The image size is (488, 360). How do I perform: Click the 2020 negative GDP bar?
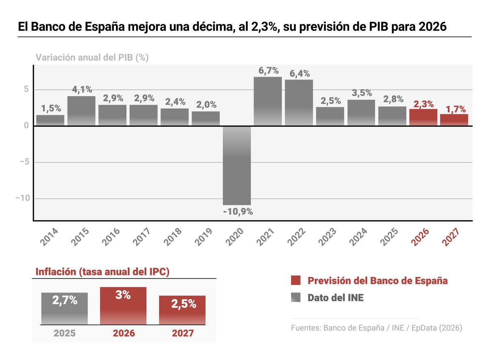(x=237, y=165)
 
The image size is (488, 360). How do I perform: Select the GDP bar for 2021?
(x=268, y=101)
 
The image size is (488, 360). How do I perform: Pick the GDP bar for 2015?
(x=81, y=111)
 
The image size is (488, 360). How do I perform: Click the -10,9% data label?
(x=238, y=212)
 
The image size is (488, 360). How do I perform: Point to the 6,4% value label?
(x=300, y=74)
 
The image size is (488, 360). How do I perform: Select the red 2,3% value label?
(x=423, y=104)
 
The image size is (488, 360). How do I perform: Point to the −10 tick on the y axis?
(x=23, y=199)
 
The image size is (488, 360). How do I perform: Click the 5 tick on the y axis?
(x=26, y=89)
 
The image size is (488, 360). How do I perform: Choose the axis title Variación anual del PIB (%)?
(x=92, y=57)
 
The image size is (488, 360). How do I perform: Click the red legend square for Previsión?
(x=296, y=280)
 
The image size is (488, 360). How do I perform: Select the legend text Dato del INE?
(x=335, y=298)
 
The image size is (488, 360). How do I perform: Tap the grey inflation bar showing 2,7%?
(x=65, y=308)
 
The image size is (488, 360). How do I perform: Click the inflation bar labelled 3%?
(x=123, y=305)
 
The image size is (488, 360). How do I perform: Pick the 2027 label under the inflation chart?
(x=183, y=334)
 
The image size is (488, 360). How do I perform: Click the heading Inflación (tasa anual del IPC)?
(x=102, y=272)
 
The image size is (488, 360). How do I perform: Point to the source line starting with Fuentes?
(x=377, y=328)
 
